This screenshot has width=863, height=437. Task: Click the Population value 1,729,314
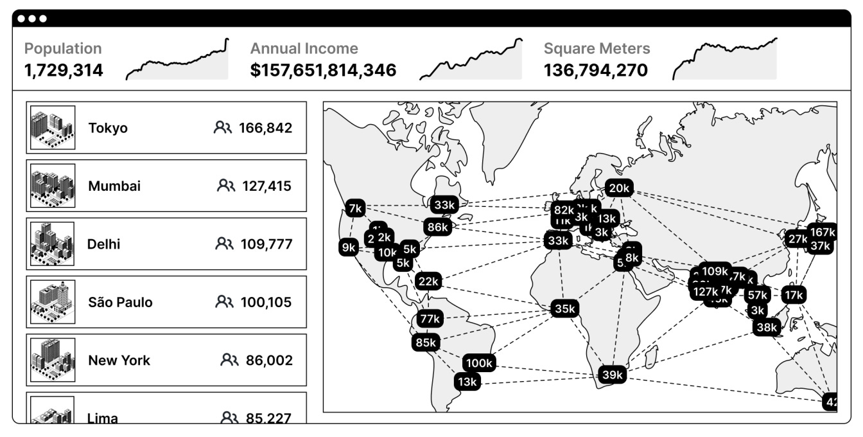pyautogui.click(x=64, y=71)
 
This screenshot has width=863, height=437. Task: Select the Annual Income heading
pyautogui.click(x=304, y=49)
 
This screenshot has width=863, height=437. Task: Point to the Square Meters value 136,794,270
pyautogui.click(x=596, y=71)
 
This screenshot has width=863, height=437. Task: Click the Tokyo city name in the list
pyautogui.click(x=108, y=128)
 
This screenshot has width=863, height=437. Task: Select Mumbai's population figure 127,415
pyautogui.click(x=266, y=186)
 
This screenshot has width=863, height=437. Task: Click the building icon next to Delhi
pyautogui.click(x=53, y=244)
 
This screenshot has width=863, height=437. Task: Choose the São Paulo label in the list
pyautogui.click(x=120, y=302)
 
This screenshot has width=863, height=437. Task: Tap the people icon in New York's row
pyautogui.click(x=229, y=360)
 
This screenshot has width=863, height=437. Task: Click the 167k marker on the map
pyautogui.click(x=822, y=233)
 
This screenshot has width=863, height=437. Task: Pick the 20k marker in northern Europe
pyautogui.click(x=619, y=188)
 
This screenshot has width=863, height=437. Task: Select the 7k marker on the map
pyautogui.click(x=355, y=209)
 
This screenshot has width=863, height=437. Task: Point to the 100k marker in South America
pyautogui.click(x=479, y=363)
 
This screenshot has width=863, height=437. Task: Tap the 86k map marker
pyautogui.click(x=437, y=227)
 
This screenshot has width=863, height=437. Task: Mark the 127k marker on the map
pyautogui.click(x=704, y=292)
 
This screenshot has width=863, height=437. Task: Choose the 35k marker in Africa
pyautogui.click(x=564, y=308)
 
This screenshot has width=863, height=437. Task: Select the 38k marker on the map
pyautogui.click(x=767, y=327)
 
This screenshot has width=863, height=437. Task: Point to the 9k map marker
pyautogui.click(x=349, y=247)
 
